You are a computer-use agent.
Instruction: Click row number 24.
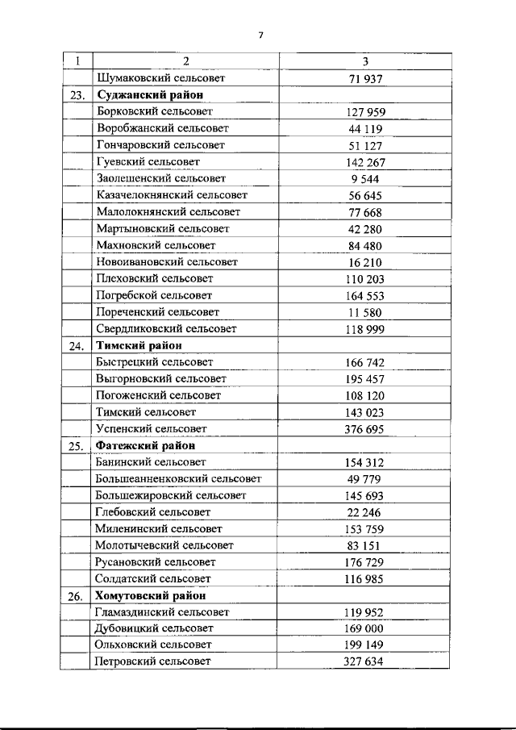tap(77, 345)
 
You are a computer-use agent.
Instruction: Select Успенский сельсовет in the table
tap(151, 428)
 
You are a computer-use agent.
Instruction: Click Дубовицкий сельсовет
tap(154, 628)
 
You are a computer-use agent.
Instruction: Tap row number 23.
tap(77, 95)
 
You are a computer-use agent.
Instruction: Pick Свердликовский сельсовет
tap(166, 328)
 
